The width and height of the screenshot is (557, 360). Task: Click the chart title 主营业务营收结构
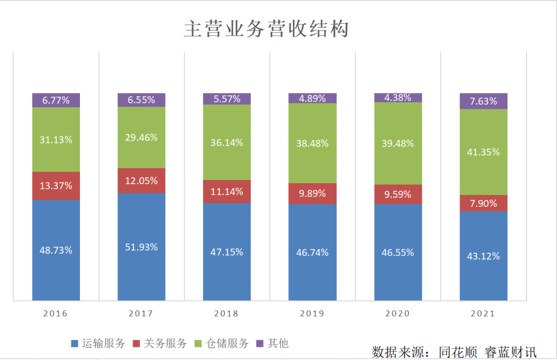point(266,29)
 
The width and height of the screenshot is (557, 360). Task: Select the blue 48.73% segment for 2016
point(56,250)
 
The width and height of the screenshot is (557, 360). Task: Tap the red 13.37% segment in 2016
point(56,186)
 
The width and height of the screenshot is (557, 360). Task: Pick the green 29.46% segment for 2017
point(141,137)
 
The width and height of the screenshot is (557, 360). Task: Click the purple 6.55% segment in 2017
point(141,100)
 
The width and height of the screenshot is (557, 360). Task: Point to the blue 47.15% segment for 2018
point(227,252)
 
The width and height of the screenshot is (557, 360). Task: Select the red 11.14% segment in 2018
point(227,191)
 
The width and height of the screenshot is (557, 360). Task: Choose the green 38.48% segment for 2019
point(313,143)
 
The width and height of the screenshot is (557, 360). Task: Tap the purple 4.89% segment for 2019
point(313,98)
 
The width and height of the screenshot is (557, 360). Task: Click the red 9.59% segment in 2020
point(398,194)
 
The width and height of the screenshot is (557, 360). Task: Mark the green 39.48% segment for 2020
point(398,143)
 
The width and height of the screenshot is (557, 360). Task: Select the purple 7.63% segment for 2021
point(483,101)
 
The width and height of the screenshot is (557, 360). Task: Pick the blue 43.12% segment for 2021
point(483,256)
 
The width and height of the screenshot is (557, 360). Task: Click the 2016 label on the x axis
point(56,313)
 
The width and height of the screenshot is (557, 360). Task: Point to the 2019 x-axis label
point(313,313)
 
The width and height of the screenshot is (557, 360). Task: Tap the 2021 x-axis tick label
point(483,313)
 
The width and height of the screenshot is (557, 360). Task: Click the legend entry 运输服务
point(104,343)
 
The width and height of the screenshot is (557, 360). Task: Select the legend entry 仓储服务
point(227,343)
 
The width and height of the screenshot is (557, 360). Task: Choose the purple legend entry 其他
point(278,343)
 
